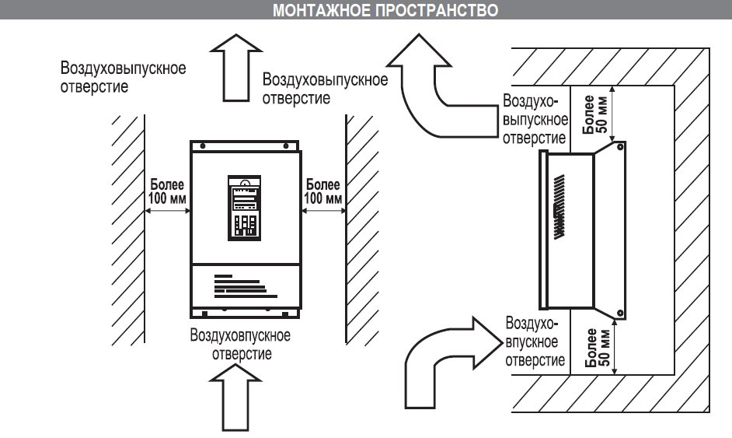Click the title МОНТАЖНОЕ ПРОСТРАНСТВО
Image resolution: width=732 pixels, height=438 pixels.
point(385,10)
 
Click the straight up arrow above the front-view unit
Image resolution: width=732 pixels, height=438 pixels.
point(236,68)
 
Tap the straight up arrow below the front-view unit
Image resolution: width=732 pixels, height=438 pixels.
point(235,398)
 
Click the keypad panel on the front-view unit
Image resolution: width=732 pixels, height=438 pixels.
point(244,208)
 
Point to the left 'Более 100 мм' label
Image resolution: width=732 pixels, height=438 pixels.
point(166,191)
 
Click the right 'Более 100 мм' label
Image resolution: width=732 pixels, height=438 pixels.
point(322,191)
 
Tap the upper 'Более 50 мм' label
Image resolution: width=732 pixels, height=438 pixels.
point(595,114)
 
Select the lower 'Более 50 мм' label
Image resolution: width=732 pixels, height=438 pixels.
point(597,347)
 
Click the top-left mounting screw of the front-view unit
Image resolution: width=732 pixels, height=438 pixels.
point(203,146)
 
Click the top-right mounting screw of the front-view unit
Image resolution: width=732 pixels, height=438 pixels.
point(286,146)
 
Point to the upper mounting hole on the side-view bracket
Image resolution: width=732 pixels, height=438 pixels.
point(620,147)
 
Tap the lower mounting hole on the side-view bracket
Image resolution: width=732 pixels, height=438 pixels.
point(620,313)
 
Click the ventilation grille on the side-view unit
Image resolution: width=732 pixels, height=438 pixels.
point(559,207)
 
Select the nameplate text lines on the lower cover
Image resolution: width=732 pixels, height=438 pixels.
point(245,286)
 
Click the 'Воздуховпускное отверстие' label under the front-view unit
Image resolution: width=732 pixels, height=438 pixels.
point(240,345)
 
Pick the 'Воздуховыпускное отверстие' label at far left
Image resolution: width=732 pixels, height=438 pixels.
point(124,77)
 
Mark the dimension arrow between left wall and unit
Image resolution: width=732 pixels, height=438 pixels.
point(167,211)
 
